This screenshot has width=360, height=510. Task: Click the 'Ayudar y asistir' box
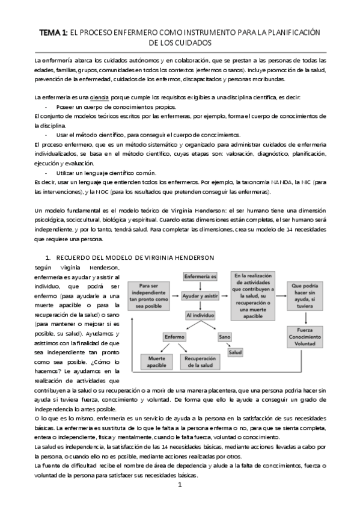pos(200,296)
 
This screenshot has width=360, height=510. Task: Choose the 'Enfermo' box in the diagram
pos(175,337)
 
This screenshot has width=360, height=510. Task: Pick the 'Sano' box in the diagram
pos(225,337)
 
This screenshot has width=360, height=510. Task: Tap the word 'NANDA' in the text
pos(278,182)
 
